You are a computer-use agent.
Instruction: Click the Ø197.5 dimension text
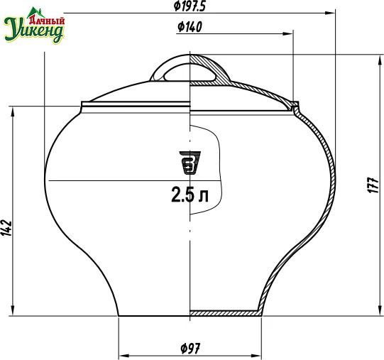tap(189, 6)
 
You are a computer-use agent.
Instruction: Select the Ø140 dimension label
tap(190, 27)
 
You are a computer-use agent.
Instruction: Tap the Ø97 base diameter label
tap(190, 348)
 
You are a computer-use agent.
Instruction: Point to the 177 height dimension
tap(374, 185)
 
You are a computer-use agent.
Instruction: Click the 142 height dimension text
tap(7, 228)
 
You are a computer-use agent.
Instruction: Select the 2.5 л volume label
tap(190, 195)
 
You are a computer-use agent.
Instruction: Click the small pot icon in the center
tap(190, 163)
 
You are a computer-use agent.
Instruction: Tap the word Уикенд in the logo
tap(34, 31)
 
